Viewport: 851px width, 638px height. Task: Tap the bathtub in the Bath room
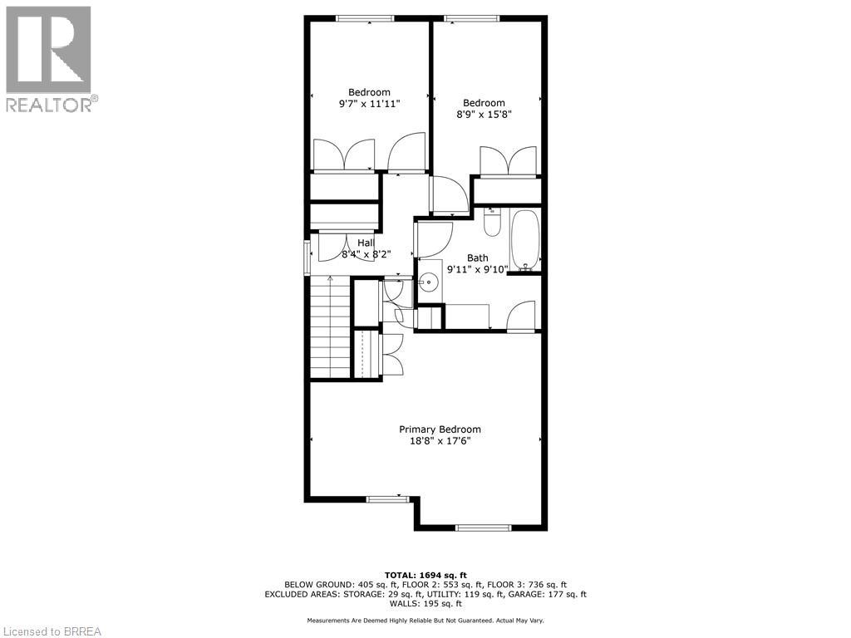click(x=525, y=241)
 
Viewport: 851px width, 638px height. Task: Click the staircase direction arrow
click(x=331, y=279)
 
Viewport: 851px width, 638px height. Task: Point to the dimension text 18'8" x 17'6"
click(x=440, y=441)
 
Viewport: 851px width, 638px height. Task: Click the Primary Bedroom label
click(x=440, y=429)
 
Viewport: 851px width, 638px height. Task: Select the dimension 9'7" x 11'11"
click(x=369, y=104)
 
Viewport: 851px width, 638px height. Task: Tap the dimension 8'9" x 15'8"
click(x=484, y=115)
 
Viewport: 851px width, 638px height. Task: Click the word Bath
click(x=477, y=258)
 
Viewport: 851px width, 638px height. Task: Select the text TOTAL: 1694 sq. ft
click(x=425, y=575)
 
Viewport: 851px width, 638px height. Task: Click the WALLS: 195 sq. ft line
click(x=425, y=604)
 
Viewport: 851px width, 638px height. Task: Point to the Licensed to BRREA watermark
click(x=52, y=631)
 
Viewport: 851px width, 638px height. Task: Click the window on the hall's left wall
click(x=307, y=257)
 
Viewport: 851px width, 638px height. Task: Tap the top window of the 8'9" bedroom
click(x=471, y=18)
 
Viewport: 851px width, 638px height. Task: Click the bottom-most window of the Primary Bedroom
click(x=484, y=528)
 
